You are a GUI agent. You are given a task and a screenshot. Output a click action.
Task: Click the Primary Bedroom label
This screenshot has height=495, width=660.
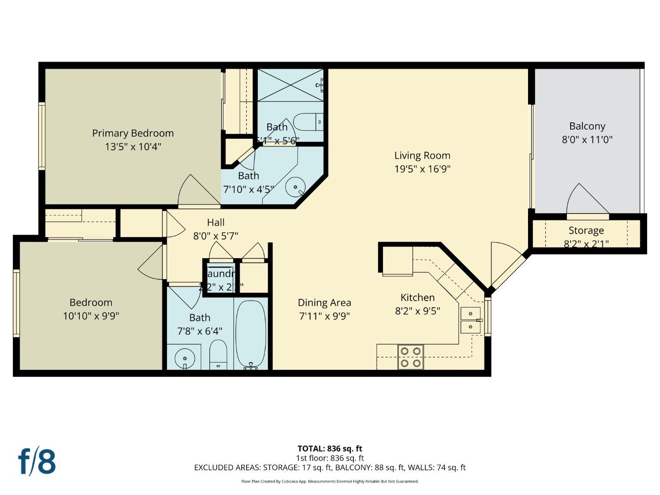133,133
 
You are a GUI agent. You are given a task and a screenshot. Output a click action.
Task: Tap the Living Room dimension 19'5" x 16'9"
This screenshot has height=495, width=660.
422,169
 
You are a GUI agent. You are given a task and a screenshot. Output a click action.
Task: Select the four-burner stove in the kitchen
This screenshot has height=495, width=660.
410,357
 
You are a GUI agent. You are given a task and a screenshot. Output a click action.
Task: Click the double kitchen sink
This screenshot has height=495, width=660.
470,320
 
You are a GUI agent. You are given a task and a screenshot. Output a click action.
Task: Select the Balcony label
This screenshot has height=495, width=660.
587,126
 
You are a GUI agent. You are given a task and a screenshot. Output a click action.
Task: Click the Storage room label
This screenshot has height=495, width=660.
586,231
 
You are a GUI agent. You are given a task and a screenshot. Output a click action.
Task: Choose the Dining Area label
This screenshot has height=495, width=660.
324,303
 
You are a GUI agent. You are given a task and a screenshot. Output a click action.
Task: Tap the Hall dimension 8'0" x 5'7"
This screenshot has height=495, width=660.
215,236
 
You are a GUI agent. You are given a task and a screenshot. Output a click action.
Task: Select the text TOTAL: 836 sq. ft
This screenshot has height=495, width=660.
330,449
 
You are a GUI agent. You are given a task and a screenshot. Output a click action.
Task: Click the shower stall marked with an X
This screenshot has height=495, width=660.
290,85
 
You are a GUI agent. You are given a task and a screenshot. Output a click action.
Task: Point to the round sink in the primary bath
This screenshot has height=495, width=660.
295,187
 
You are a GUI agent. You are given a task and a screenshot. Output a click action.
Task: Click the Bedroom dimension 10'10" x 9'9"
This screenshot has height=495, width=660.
91,316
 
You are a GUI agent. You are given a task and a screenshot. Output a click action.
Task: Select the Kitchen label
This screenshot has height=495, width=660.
417,298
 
